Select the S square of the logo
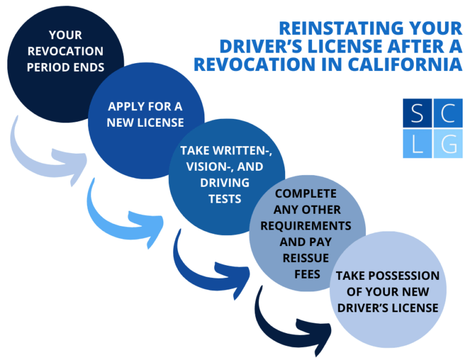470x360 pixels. [x=417, y=112]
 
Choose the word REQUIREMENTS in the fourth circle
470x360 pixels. [x=306, y=226]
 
